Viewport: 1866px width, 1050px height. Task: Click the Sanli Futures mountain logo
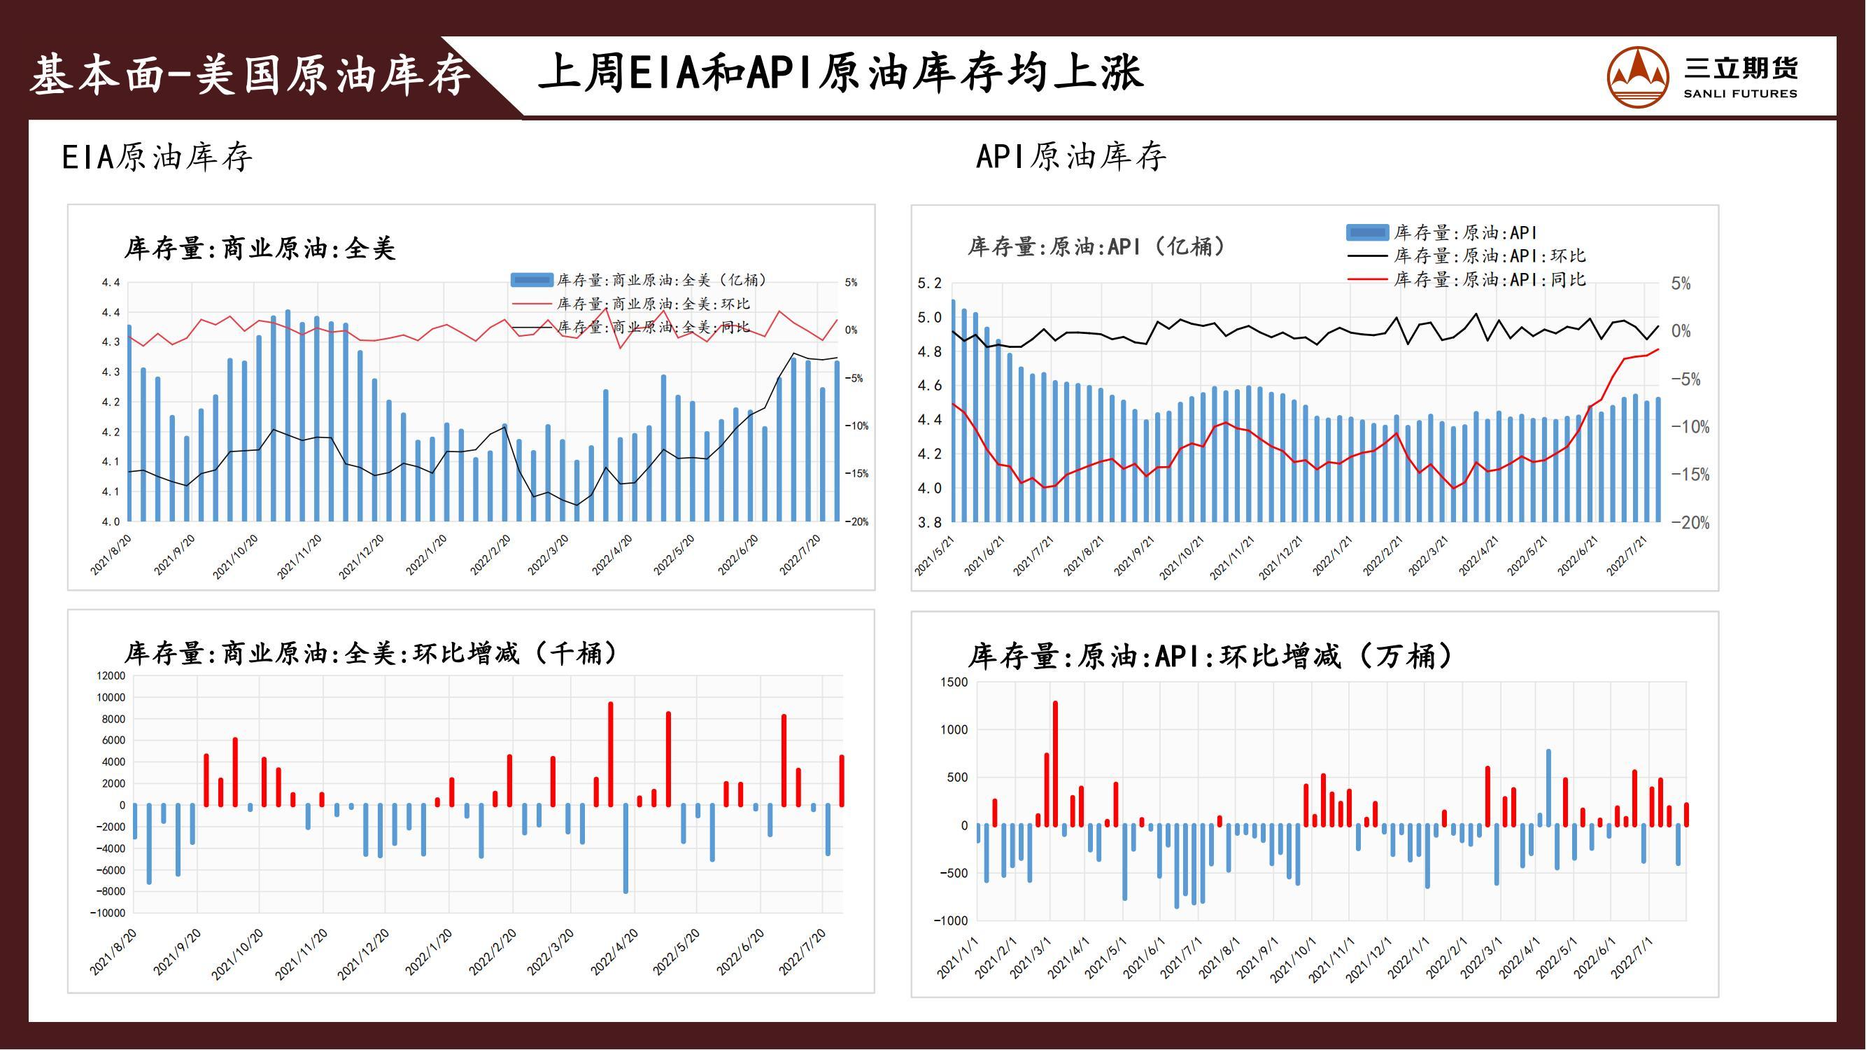(x=1638, y=76)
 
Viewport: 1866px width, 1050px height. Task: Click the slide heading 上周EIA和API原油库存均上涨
(x=840, y=73)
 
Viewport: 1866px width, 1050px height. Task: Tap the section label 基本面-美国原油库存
(x=250, y=75)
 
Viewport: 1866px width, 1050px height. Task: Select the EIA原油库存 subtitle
(x=157, y=157)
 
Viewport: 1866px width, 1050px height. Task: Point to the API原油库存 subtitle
(x=1071, y=157)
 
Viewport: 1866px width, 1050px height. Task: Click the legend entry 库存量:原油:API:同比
(x=1490, y=280)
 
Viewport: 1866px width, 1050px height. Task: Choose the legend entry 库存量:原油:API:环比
(x=1490, y=255)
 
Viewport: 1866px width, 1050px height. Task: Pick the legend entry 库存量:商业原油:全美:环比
(x=653, y=304)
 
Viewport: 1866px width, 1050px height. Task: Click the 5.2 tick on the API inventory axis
(x=929, y=283)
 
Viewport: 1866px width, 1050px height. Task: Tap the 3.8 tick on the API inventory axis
(x=929, y=522)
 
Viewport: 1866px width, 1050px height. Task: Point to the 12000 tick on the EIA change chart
(x=110, y=676)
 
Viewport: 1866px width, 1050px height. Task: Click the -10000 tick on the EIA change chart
(x=107, y=913)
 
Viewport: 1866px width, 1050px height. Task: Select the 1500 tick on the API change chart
(x=954, y=682)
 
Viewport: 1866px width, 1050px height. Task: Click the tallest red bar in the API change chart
(x=1055, y=763)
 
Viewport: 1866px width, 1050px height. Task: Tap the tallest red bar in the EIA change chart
(x=611, y=754)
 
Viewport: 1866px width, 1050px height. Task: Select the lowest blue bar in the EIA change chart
(x=626, y=848)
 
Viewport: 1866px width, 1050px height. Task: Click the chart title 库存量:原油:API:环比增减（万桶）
(x=1210, y=657)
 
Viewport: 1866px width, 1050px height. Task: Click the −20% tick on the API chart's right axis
(x=1690, y=523)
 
